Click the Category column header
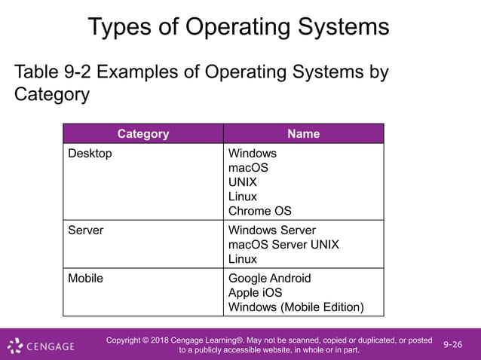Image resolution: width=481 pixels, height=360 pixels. (x=143, y=134)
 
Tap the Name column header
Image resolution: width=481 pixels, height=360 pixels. (x=303, y=134)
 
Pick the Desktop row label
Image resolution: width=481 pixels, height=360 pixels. (x=90, y=154)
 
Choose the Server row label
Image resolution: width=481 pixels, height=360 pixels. (x=86, y=230)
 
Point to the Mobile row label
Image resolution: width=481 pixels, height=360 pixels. (x=86, y=279)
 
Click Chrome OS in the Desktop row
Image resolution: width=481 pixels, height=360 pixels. (x=259, y=211)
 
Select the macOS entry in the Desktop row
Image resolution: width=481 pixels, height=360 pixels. (x=248, y=168)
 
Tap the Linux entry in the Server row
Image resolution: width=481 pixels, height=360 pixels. (x=242, y=259)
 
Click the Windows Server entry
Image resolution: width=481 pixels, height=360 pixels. (x=272, y=230)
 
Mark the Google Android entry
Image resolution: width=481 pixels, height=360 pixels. (x=269, y=279)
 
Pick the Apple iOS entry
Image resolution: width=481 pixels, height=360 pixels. (x=255, y=293)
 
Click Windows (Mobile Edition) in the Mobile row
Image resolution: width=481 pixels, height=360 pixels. (x=296, y=307)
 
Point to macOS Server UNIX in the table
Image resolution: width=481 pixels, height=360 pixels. (x=283, y=245)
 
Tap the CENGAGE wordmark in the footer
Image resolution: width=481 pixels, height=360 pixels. (x=51, y=346)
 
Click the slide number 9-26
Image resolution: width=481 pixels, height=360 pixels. (x=453, y=345)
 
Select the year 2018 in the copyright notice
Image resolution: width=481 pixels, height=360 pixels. (x=162, y=340)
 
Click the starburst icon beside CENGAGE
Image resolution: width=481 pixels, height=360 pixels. (x=15, y=346)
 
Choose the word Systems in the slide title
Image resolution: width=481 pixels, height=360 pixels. (x=336, y=27)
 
